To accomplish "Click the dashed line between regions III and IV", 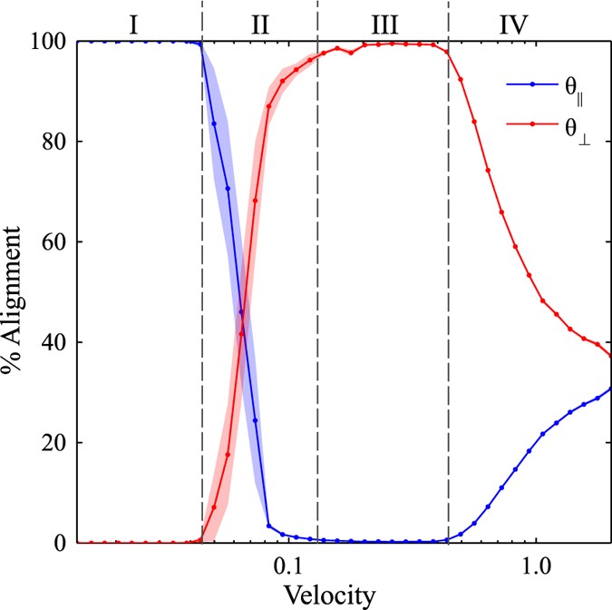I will click(x=449, y=272).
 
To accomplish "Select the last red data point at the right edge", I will click(x=610, y=356).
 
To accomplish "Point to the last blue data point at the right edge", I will click(x=610, y=389).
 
